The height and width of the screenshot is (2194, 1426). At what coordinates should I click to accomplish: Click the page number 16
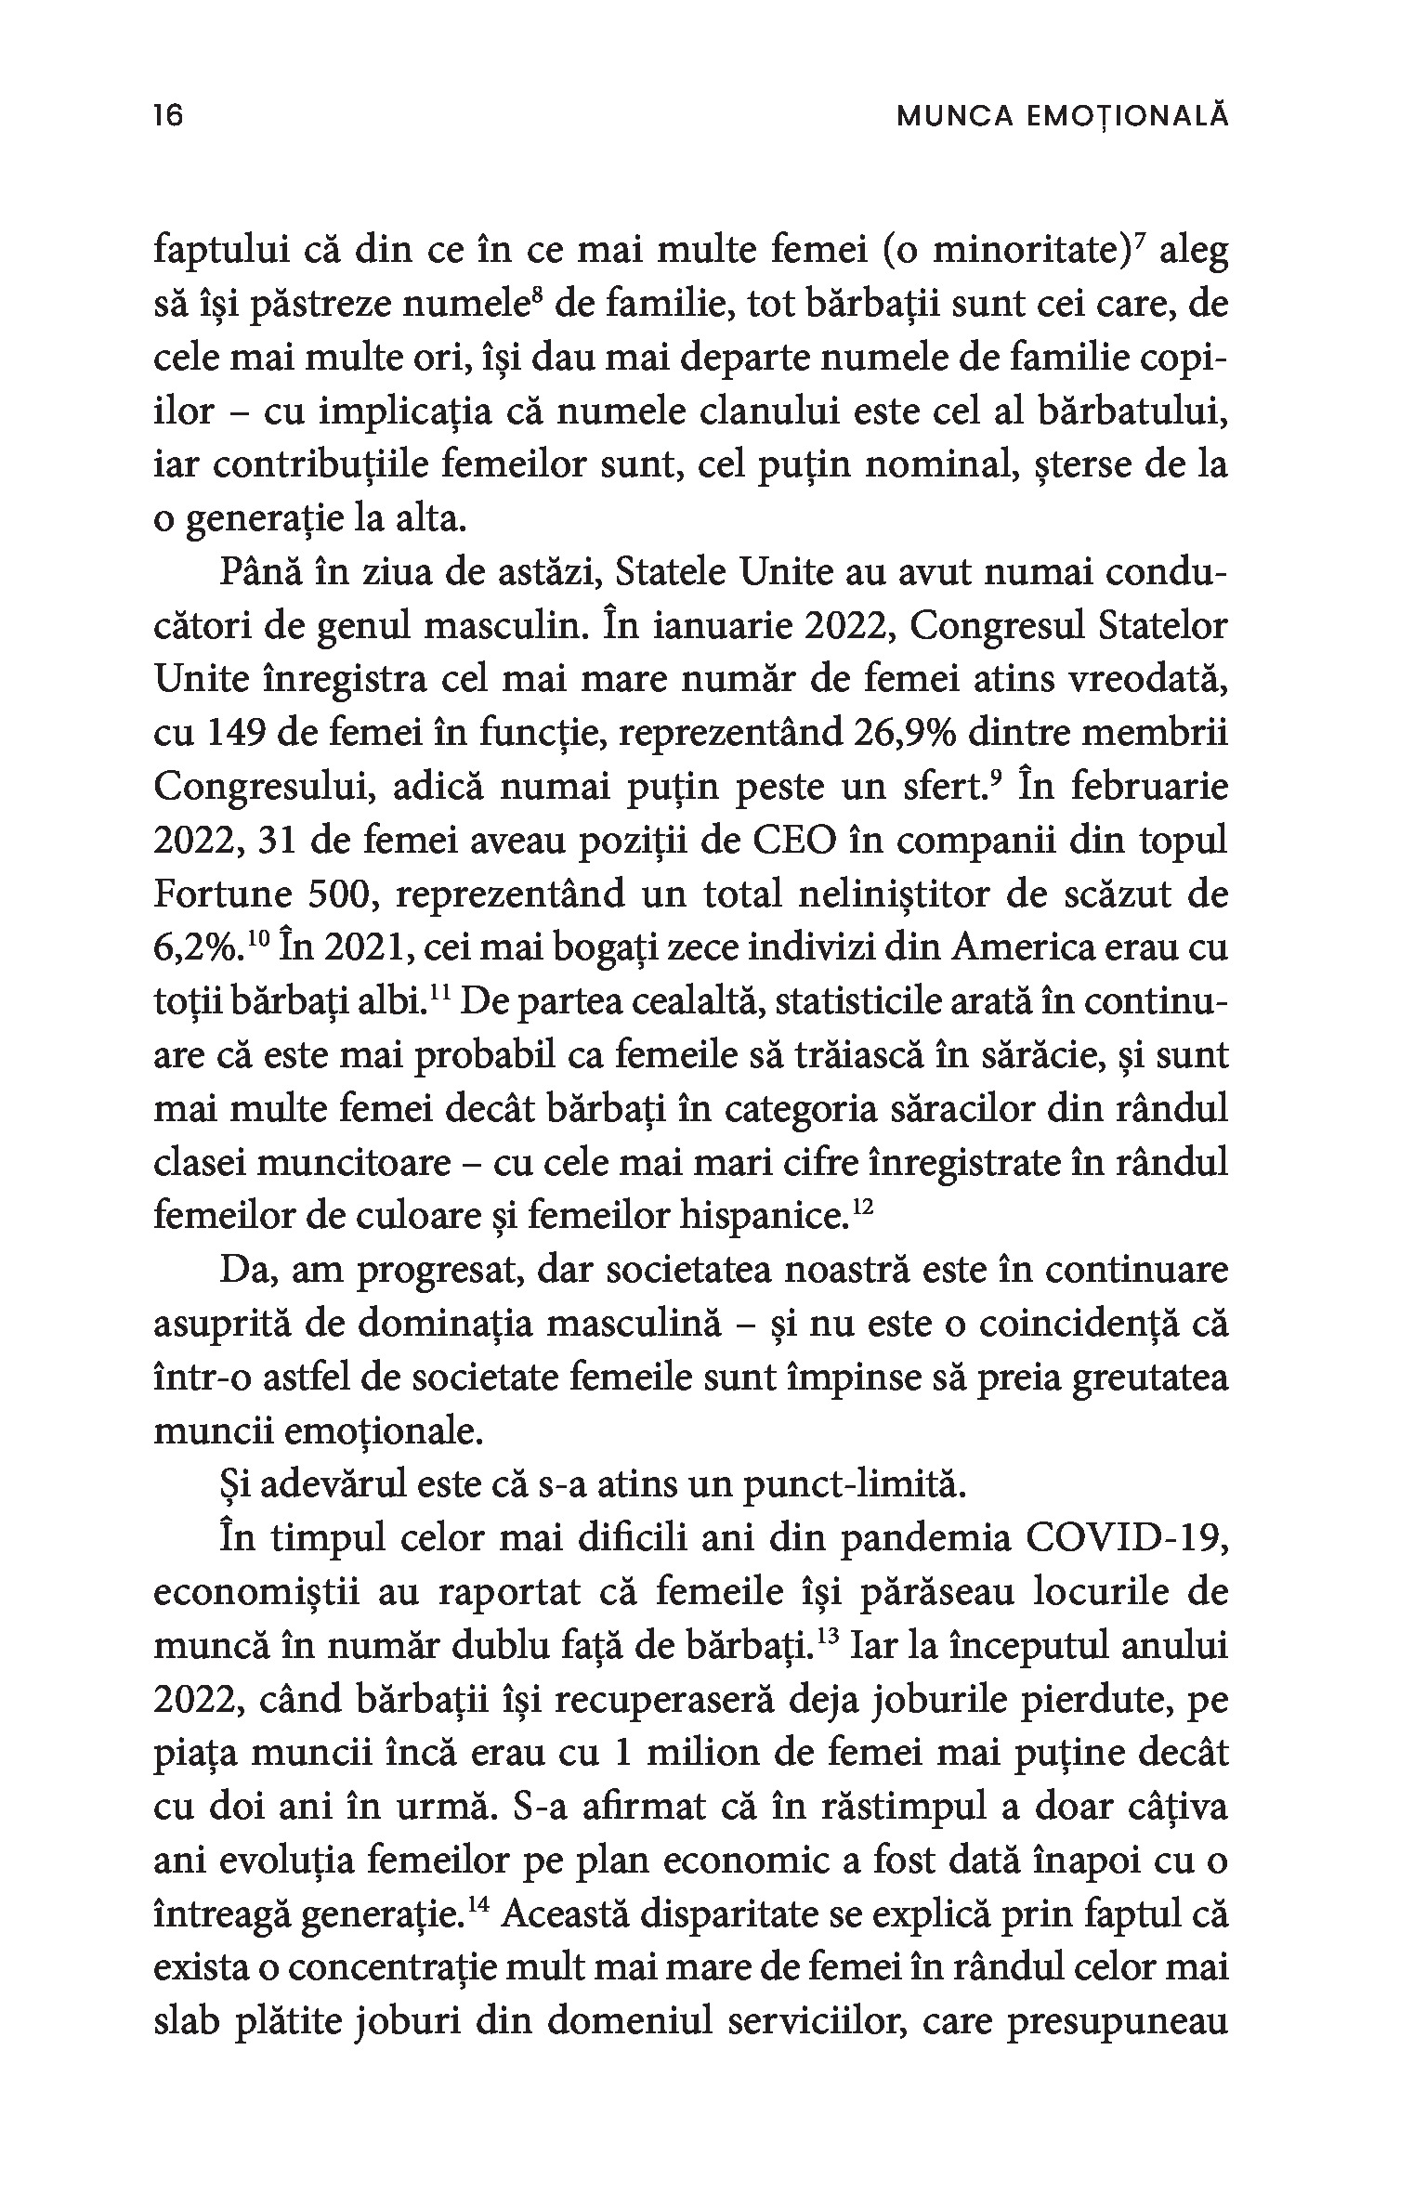(169, 116)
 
